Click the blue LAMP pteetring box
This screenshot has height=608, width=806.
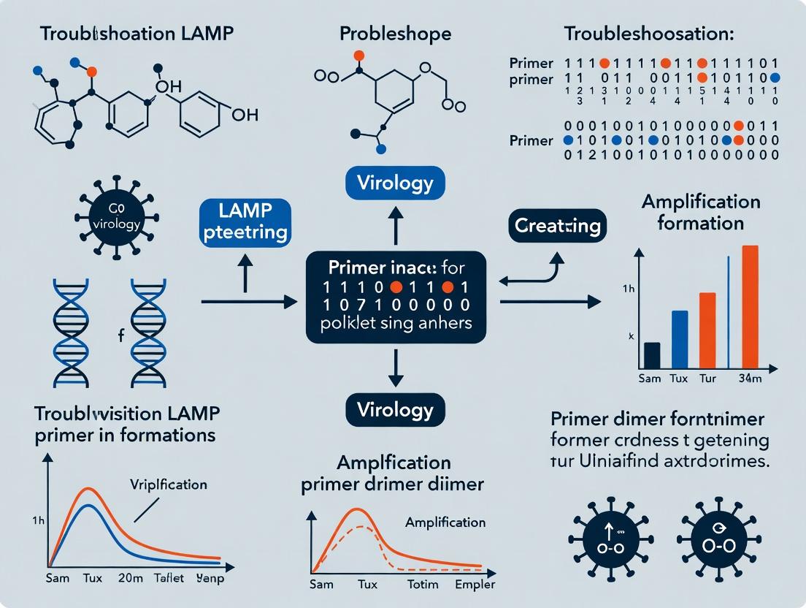pyautogui.click(x=245, y=222)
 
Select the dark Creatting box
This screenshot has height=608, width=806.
pyautogui.click(x=557, y=226)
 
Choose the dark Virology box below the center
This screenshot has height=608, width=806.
pyautogui.click(x=395, y=409)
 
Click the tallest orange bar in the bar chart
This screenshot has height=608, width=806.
pyautogui.click(x=750, y=306)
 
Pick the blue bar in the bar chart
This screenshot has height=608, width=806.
pyautogui.click(x=680, y=339)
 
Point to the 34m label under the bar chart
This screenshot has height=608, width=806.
pyautogui.click(x=750, y=379)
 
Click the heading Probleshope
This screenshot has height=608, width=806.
pyautogui.click(x=396, y=34)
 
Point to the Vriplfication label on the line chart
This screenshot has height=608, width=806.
pyautogui.click(x=169, y=484)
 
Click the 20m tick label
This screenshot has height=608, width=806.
pyautogui.click(x=134, y=579)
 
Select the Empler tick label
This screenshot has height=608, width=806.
pyautogui.click(x=475, y=584)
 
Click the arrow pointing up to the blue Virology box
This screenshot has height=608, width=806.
pyautogui.click(x=396, y=222)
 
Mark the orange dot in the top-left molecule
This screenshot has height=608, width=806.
pyautogui.click(x=91, y=72)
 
